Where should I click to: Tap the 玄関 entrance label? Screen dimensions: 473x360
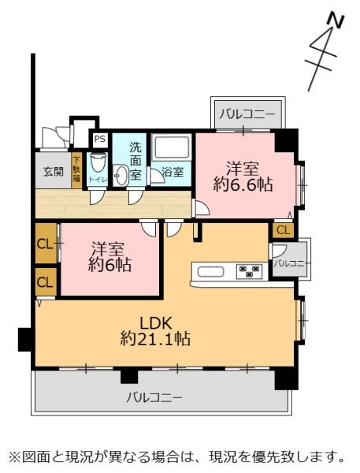54,171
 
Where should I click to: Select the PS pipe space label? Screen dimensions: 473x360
99,140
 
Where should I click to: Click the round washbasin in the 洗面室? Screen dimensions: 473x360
121,176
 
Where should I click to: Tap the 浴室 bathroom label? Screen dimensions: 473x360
173,172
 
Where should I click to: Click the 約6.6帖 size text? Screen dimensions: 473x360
242,185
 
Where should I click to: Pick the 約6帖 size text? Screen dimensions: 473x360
109,266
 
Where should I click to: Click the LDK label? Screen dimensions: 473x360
155,323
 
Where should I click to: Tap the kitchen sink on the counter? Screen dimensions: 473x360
211,273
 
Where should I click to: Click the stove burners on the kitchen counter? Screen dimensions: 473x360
251,273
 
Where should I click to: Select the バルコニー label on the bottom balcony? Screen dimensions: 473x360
154,397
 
